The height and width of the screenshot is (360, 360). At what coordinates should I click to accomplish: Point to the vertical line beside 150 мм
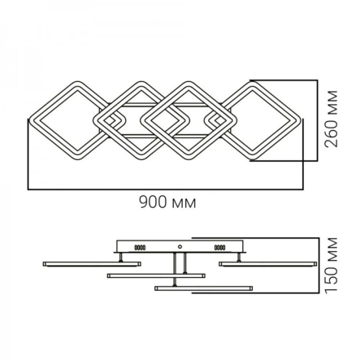316,267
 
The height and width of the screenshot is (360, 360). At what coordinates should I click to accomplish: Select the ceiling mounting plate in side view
180,246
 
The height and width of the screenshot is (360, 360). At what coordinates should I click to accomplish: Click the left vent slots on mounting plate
141,247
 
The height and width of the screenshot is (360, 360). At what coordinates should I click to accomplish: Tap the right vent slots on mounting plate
219,247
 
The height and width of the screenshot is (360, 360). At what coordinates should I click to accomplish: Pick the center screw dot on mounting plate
180,245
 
